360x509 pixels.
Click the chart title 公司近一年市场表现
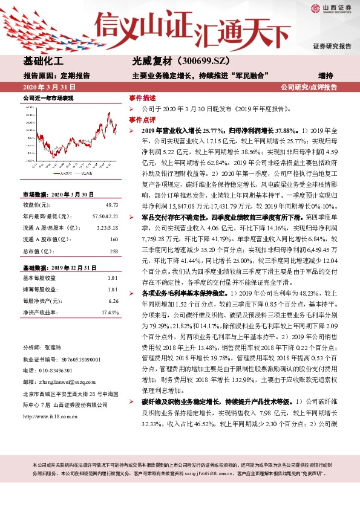[x=48, y=97]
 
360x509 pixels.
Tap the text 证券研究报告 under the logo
[x=332, y=47]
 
